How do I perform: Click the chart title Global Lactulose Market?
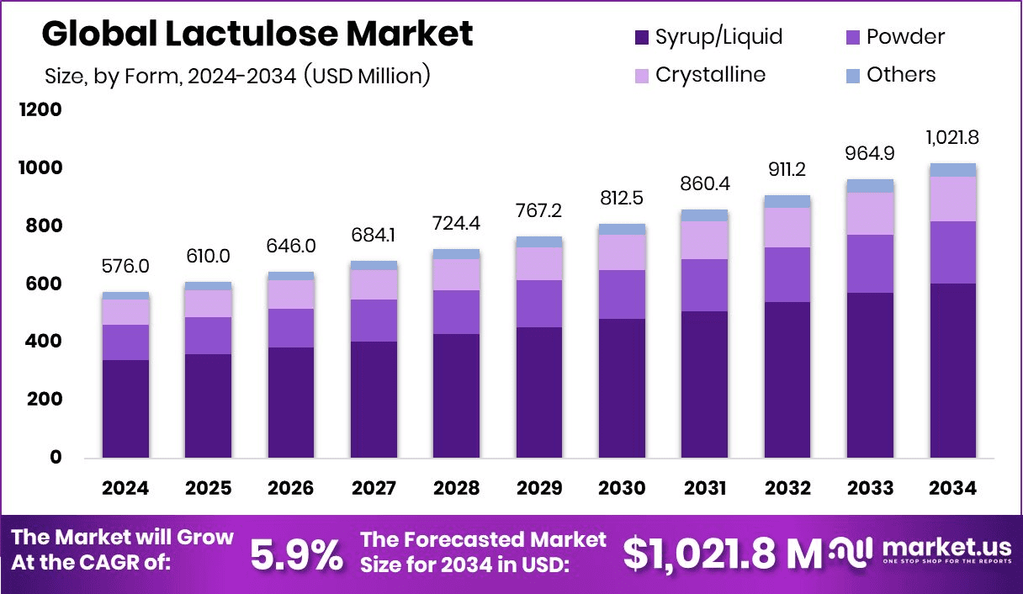point(257,34)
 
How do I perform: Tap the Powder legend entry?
point(893,37)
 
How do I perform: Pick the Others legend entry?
point(889,75)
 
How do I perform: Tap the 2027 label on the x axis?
point(374,489)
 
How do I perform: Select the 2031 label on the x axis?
point(704,489)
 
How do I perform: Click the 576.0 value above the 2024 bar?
point(125,266)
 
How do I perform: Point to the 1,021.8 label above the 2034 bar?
point(952,137)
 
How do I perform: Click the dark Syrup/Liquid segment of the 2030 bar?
point(622,388)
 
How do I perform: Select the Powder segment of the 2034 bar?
point(952,252)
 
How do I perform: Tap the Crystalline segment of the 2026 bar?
point(290,294)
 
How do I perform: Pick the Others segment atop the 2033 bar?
point(870,186)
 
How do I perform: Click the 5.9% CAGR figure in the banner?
point(297,554)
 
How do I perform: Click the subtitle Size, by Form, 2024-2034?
point(237,76)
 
